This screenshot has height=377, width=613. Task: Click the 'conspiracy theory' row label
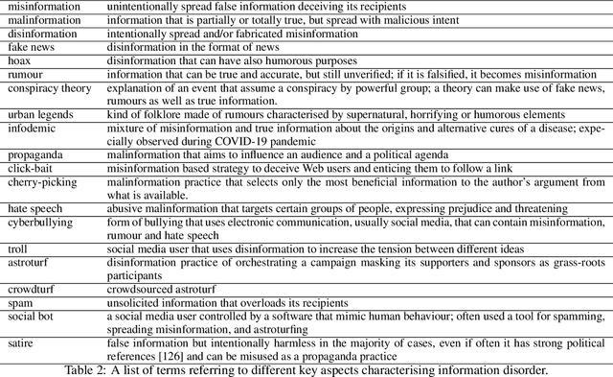44,86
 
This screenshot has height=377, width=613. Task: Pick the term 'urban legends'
34,113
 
